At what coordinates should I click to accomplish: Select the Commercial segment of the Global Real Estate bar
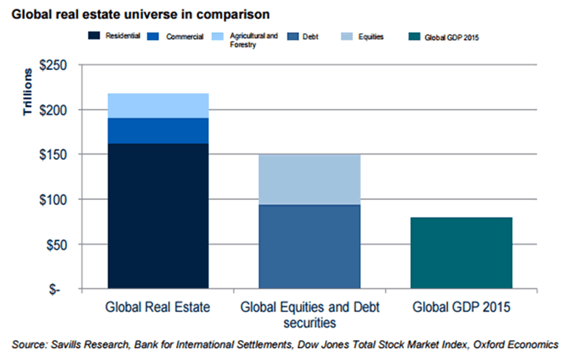[158, 131]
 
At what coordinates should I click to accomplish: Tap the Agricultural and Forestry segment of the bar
[158, 105]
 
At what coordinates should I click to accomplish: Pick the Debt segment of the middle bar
[309, 246]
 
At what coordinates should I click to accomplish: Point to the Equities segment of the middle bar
[309, 179]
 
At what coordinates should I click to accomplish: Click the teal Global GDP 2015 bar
[461, 252]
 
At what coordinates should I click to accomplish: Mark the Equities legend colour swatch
[341, 36]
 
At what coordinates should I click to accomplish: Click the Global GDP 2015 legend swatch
[411, 36]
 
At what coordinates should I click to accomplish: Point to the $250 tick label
[52, 66]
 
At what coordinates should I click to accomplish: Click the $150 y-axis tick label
[52, 155]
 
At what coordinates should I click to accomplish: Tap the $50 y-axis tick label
[55, 244]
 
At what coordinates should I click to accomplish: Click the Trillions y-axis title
[26, 92]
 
